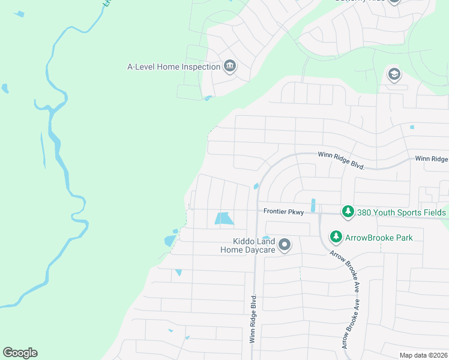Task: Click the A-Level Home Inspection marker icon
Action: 230,66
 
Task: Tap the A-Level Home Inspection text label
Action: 174,67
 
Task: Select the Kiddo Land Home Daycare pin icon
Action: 285,245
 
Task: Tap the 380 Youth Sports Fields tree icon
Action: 348,212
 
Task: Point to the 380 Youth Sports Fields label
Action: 402,212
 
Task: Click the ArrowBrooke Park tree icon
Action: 336,237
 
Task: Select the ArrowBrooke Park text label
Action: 379,238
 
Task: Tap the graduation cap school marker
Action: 394,74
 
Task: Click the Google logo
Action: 20,353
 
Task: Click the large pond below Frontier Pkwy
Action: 223,219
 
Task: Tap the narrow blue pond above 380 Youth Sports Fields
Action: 313,205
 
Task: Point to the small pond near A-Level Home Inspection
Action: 208,98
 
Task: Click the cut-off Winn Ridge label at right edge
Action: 432,159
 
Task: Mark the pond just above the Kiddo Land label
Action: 266,237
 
